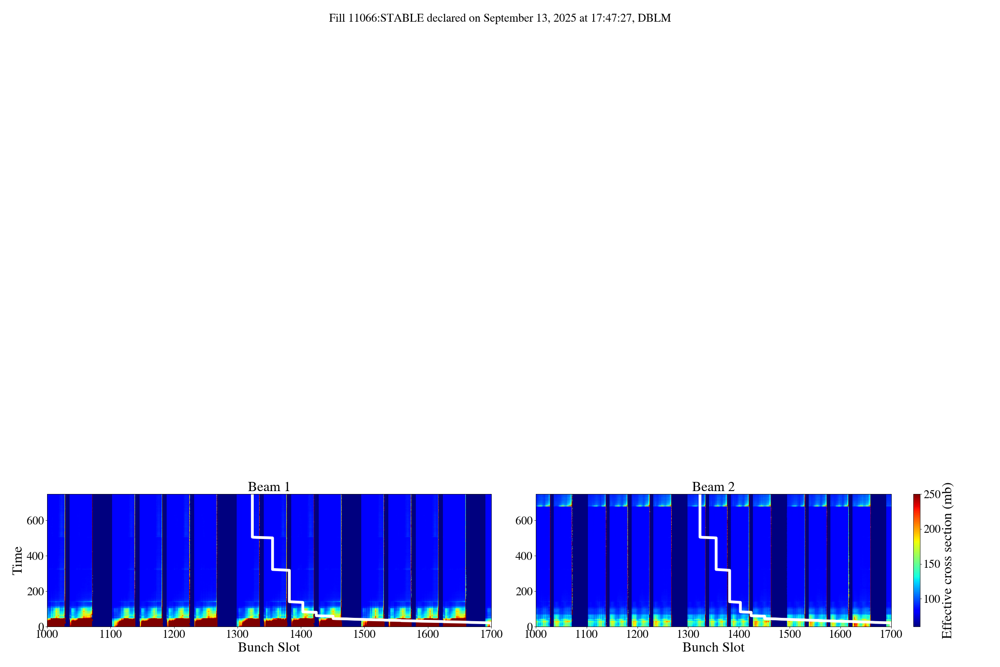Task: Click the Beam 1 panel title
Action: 269,486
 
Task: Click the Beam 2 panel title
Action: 713,486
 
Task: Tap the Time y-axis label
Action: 17,560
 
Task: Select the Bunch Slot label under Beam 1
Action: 269,647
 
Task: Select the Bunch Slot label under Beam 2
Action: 713,647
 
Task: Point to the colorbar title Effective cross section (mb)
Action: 946,560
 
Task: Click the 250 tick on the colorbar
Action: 932,494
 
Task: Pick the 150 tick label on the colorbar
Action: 932,564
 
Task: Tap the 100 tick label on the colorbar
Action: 932,599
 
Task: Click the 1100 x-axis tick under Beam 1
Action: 110,634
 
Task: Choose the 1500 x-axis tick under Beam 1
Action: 364,634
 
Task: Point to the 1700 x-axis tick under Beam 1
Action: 492,634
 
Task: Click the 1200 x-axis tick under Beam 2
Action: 637,634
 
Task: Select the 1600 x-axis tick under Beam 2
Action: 840,634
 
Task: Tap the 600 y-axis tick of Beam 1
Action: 35,521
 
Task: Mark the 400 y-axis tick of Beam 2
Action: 523,556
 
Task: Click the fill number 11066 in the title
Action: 363,18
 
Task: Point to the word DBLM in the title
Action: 654,18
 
